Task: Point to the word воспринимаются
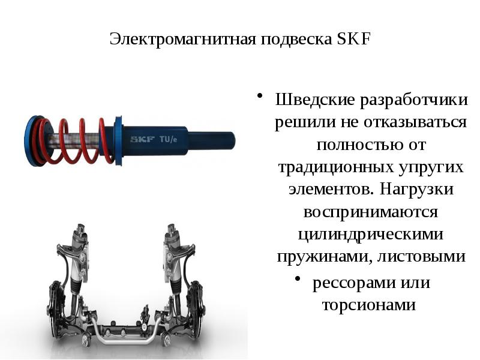coord(371,212)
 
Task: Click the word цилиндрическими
coord(371,235)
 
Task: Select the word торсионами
coord(368,304)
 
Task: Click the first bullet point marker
coord(260,96)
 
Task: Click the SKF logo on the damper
coord(142,139)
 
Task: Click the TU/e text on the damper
coord(169,139)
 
